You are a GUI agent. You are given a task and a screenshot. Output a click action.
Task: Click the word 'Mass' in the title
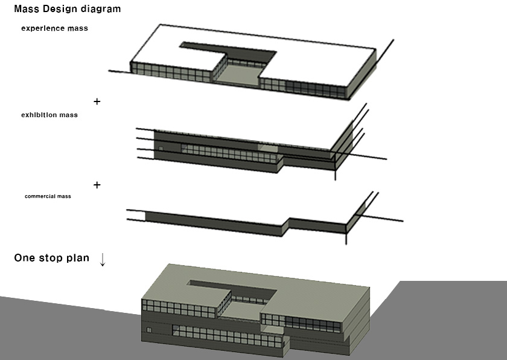coord(27,8)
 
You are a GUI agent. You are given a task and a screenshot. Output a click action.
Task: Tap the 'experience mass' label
coord(55,28)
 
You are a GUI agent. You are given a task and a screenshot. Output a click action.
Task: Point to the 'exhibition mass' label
coord(49,115)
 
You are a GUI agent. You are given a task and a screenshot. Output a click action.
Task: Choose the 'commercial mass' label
coord(48,196)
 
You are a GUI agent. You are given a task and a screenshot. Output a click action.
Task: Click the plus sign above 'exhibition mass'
coord(97,101)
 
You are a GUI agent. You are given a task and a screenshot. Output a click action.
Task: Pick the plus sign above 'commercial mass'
coord(97,185)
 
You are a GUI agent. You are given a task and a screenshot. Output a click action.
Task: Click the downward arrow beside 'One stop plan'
coord(103,260)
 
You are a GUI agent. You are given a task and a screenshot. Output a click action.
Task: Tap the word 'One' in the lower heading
coord(25,258)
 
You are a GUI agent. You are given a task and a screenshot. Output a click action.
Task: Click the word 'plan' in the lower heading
coord(78,258)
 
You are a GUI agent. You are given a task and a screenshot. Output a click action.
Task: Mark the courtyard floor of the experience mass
coord(237,75)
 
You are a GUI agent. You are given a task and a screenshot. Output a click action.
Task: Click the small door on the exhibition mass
coord(161,149)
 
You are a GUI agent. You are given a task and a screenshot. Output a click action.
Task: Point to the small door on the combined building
coord(149,330)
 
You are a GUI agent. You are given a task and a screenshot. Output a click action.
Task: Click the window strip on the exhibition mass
coord(229,153)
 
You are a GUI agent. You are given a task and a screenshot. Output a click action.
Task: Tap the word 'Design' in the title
coord(60,8)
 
